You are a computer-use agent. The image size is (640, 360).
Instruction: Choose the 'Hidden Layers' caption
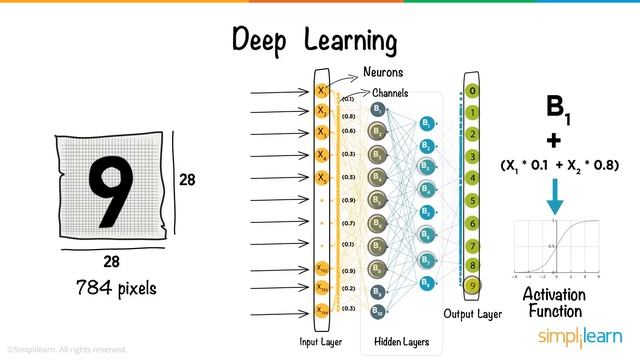[401, 342]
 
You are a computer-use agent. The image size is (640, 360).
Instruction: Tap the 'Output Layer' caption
[472, 314]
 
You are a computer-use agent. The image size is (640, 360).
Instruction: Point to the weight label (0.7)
[347, 223]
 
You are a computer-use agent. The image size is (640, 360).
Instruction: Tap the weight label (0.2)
[347, 288]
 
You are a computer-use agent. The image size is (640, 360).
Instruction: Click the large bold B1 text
[558, 107]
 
